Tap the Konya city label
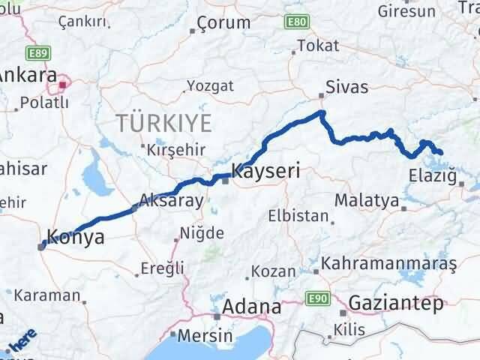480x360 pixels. (75, 238)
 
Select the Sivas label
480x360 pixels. (346, 87)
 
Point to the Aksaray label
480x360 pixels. (172, 201)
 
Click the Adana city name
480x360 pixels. (251, 307)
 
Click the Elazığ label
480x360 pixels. (433, 176)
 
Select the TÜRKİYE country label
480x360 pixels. (163, 121)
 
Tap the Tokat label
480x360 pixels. (313, 46)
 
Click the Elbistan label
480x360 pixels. (298, 217)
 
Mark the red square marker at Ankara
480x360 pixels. (64, 84)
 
